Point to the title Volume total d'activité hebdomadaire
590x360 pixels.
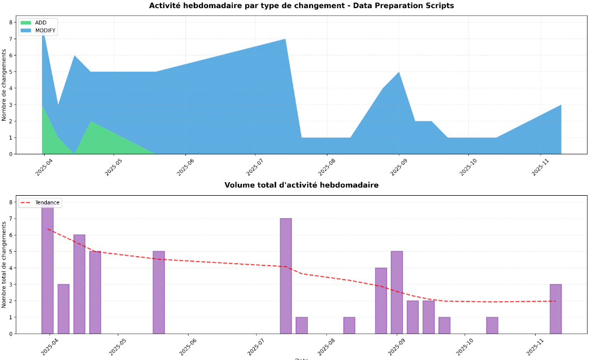point(301,185)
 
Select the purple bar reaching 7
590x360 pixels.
point(285,276)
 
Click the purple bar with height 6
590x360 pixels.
point(79,284)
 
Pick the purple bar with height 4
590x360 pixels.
point(381,300)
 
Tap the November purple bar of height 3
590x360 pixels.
point(555,308)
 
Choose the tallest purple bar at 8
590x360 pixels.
point(48,269)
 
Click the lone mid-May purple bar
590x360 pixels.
point(159,292)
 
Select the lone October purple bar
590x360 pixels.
point(492,325)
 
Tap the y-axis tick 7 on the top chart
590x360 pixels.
point(11,39)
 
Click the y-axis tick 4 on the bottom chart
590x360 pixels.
point(11,268)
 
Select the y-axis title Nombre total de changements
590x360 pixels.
point(4,268)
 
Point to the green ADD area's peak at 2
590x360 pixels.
point(90,122)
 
